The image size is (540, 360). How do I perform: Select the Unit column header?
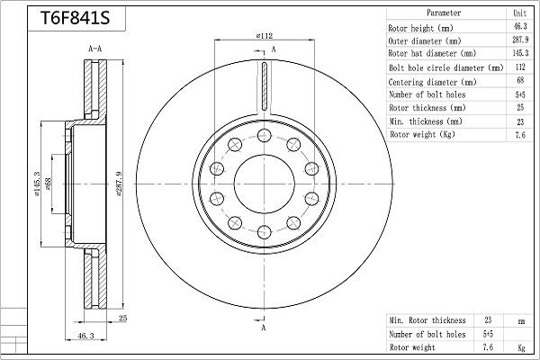[519, 13]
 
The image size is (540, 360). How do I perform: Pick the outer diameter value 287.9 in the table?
[519, 40]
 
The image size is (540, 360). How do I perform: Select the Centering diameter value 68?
[519, 81]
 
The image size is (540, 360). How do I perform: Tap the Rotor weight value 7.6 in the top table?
[519, 134]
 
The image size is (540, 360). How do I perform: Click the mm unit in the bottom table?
[520, 319]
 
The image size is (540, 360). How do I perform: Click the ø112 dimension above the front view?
[264, 35]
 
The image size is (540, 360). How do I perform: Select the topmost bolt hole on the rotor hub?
[264, 135]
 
